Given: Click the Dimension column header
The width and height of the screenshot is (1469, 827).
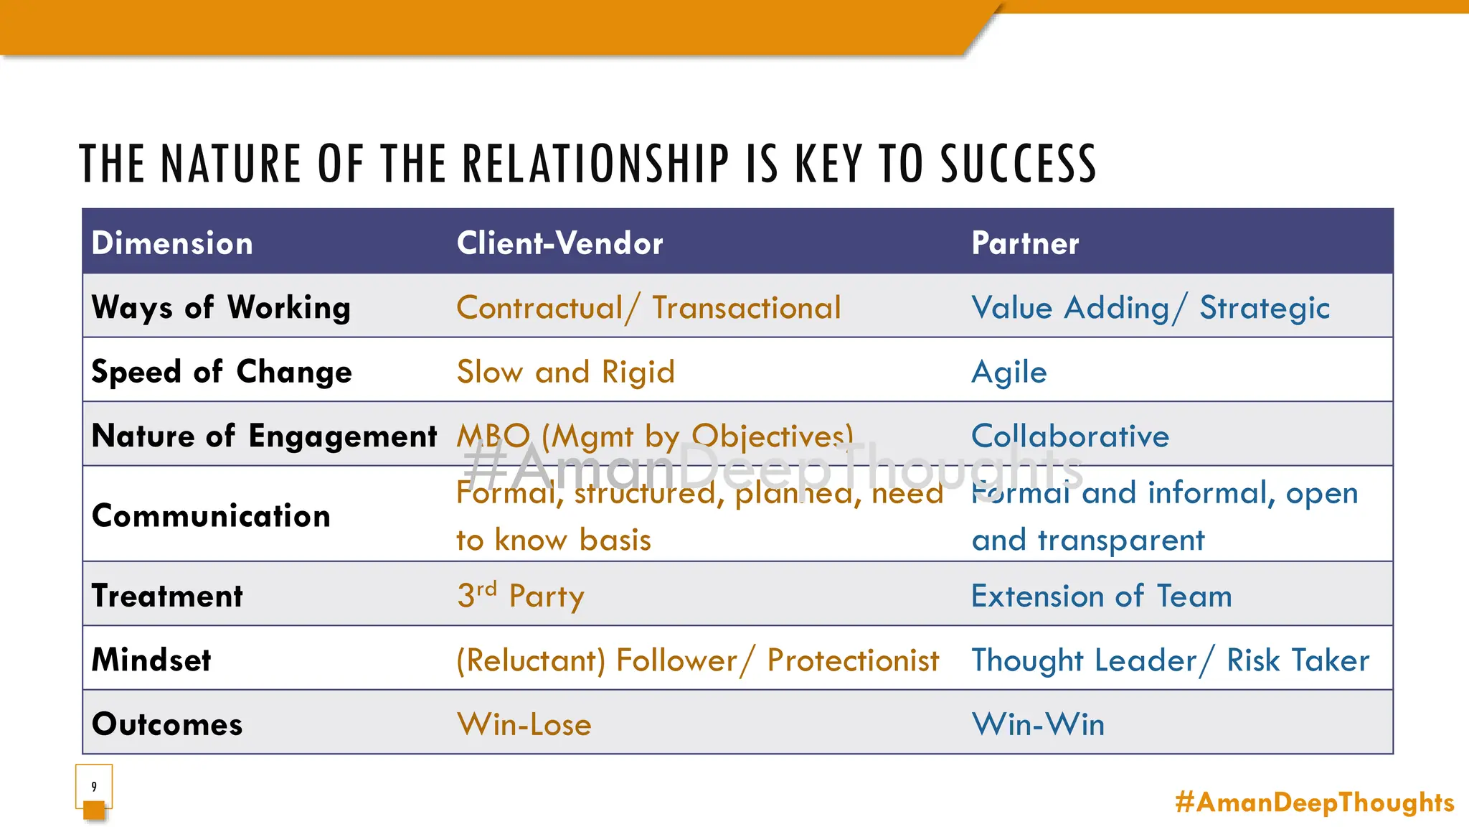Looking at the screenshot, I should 172,243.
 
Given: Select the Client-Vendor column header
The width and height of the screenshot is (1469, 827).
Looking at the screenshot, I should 559,243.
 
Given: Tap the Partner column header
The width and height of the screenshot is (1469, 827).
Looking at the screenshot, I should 1025,243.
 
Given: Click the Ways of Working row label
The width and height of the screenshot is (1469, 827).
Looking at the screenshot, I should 221,307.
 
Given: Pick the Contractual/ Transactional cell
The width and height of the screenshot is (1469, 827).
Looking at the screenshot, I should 648,308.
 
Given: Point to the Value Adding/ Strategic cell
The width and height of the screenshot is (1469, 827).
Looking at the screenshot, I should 1151,308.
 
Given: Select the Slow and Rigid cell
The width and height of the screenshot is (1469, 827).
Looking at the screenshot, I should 566,372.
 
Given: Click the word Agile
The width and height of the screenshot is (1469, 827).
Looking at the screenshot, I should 1009,372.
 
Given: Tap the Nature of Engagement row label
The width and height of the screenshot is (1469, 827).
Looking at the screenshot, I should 264,436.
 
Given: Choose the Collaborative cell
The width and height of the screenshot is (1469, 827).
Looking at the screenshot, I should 1070,436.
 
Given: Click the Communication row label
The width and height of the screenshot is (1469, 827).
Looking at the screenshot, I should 211,515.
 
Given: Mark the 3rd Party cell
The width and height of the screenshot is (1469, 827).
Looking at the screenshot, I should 521,595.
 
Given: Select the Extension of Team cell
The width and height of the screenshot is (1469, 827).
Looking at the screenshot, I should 1102,596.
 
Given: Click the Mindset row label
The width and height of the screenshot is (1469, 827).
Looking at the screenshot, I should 151,660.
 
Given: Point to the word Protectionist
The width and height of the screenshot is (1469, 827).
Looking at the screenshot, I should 853,660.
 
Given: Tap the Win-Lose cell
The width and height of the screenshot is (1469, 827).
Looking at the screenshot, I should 524,724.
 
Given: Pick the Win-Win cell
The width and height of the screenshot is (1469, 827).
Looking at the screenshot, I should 1038,724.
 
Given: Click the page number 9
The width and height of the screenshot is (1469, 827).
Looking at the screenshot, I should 94,786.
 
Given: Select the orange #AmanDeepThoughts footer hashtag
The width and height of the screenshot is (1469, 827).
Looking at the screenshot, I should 1315,802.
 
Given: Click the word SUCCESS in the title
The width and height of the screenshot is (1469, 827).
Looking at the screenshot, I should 1019,164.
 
